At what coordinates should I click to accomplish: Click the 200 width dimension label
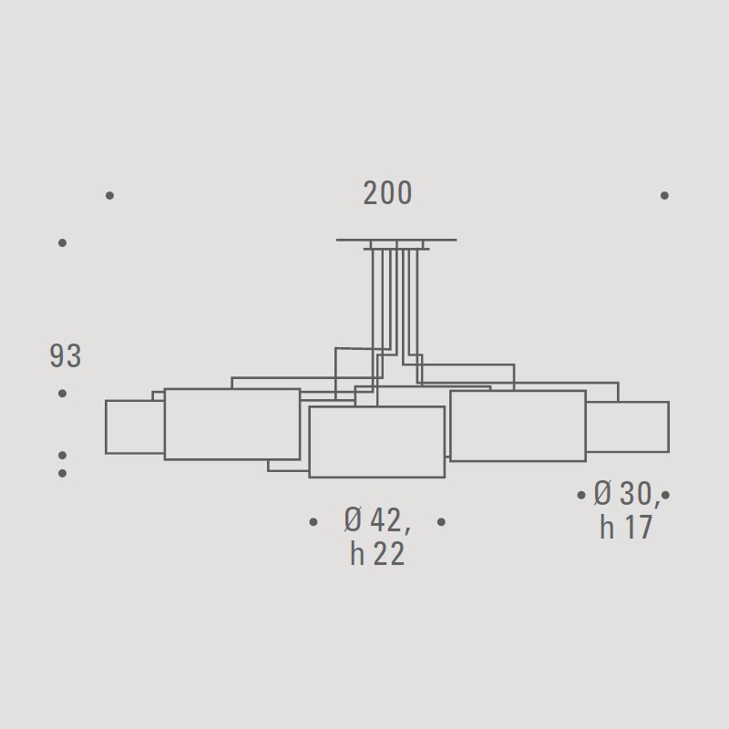click(387, 193)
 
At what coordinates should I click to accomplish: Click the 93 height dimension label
click(66, 356)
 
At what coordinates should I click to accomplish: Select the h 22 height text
click(377, 553)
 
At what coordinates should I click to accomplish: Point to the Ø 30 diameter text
click(626, 493)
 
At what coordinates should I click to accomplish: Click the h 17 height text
click(626, 527)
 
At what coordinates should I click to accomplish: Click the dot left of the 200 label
click(109, 195)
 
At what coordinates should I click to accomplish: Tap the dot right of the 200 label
click(665, 195)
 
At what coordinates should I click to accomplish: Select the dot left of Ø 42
click(313, 522)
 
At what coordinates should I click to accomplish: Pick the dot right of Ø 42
click(441, 522)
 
